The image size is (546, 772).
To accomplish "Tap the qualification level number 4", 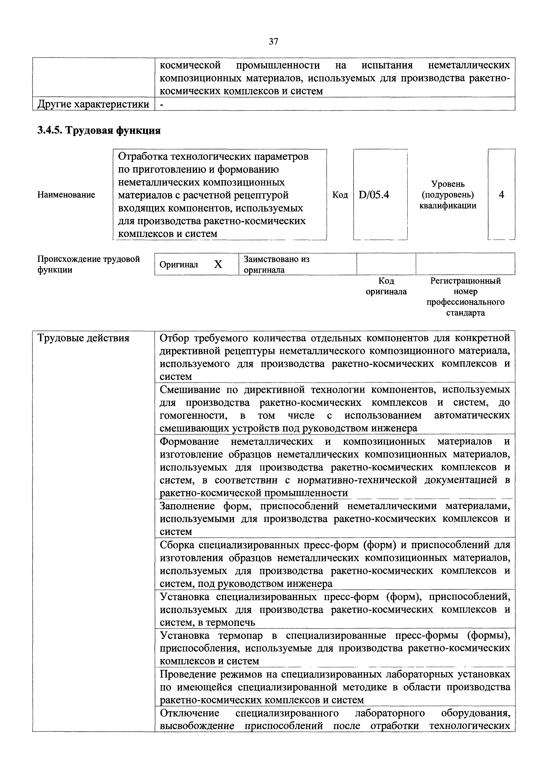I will [501, 195].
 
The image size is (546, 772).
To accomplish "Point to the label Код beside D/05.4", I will [340, 195].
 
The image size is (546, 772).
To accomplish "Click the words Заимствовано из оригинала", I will [276, 264].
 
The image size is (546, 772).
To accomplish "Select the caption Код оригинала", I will [386, 286].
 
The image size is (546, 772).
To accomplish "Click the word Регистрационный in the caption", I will [465, 281].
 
